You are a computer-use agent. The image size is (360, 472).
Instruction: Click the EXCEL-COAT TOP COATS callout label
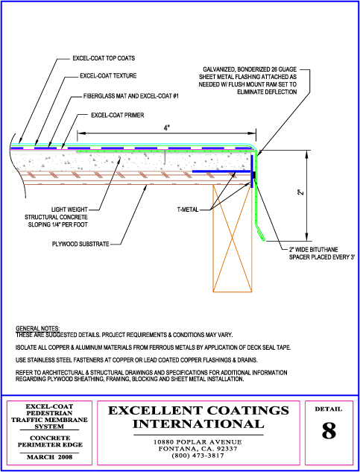point(104,58)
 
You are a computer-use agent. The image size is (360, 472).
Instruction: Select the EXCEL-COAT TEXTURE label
point(108,76)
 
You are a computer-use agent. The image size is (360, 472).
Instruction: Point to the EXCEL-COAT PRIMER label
point(118,115)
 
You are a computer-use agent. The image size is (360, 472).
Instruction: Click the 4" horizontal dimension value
point(166,128)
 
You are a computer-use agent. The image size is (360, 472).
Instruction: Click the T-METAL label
point(188,210)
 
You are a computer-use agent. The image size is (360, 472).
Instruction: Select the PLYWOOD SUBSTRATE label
point(80,244)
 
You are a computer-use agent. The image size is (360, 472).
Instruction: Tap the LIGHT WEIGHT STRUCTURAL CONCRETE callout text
point(57,217)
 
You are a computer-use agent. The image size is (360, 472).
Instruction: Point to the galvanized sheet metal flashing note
point(247,81)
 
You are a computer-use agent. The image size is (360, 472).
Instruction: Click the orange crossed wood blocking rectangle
point(232,238)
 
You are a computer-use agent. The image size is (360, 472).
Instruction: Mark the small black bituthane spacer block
point(255,175)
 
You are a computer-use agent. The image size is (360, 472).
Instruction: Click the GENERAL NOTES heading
point(37,328)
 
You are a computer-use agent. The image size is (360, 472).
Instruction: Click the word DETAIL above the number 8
point(329,409)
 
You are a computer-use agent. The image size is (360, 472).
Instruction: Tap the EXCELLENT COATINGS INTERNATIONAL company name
point(198,417)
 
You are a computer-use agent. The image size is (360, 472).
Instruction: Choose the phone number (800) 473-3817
point(198,456)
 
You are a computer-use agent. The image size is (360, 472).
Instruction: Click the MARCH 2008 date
point(50,457)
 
